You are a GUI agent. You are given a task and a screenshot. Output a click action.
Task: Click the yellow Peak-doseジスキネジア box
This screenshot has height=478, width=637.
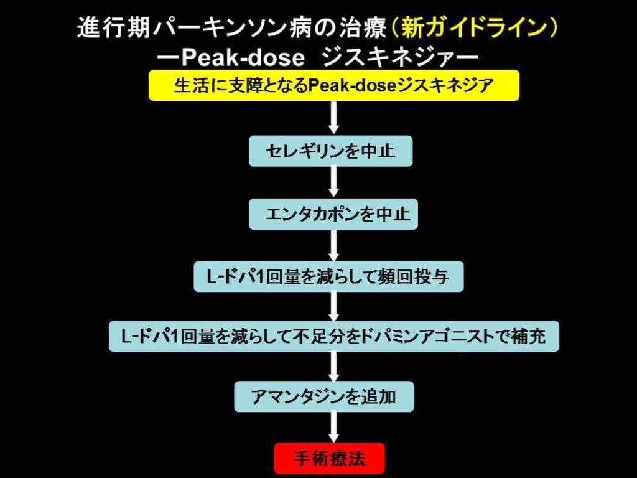pos(333,85)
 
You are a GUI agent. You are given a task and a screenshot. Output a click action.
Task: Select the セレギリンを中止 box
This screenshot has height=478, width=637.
pos(330,151)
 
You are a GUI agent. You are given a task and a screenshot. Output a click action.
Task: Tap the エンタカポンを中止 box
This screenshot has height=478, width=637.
pos(333,214)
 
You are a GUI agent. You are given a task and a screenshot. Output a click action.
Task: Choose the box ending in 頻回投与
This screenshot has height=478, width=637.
pos(328,276)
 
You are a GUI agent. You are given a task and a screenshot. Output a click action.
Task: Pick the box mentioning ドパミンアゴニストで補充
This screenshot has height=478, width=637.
pos(333,336)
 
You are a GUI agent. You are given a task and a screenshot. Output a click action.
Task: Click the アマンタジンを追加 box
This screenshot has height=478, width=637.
pos(324,396)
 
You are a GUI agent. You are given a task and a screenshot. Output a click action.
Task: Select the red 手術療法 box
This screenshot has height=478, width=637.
pos(329,459)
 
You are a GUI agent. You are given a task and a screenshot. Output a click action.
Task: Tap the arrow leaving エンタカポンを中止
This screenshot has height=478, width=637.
pos(333,245)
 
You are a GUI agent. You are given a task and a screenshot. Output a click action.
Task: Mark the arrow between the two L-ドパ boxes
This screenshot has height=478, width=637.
pos(333,306)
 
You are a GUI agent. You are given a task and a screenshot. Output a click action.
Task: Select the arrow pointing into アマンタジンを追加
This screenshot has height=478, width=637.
pos(333,367)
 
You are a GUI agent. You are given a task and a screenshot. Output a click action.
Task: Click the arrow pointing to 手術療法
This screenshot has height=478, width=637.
pos(333,428)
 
